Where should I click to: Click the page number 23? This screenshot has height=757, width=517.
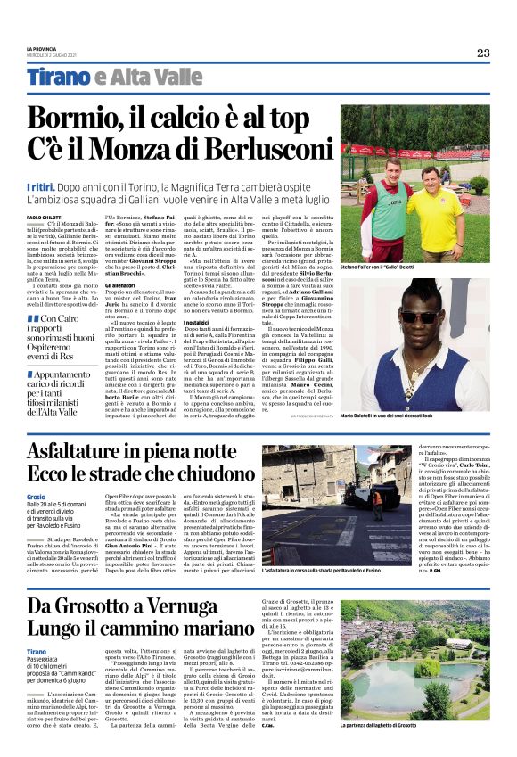(x=482, y=53)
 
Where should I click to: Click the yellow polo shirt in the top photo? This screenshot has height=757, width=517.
(x=435, y=207)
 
